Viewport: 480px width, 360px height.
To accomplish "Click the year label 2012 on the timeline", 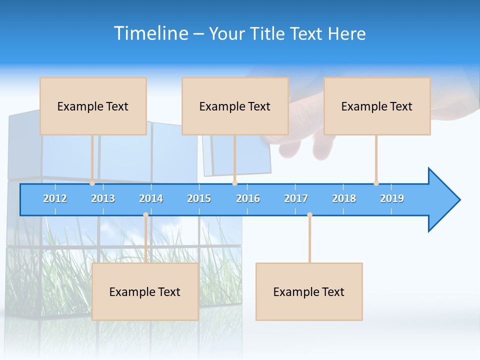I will [55, 198].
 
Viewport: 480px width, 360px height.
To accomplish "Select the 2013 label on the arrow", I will [103, 198].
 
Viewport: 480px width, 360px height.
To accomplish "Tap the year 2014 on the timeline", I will [151, 198].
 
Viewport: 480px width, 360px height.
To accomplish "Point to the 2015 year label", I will [199, 198].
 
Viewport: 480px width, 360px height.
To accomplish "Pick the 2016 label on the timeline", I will [248, 198].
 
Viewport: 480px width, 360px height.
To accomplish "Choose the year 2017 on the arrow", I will [296, 198].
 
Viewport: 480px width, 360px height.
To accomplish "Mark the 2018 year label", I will [344, 198].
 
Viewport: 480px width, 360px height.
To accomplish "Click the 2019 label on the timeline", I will [392, 198].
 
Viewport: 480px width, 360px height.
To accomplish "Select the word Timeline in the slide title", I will [150, 33].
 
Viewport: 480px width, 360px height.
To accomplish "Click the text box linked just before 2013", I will [93, 106].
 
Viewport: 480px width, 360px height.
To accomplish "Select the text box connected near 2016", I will [235, 106].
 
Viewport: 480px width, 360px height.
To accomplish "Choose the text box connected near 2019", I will [377, 106].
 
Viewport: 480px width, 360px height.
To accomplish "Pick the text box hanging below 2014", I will [145, 291].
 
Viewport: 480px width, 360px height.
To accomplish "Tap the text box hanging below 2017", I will [309, 291].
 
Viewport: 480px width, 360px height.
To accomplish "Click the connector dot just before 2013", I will [92, 183].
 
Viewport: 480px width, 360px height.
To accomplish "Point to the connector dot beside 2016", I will [234, 183].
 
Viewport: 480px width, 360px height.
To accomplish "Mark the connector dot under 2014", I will [145, 214].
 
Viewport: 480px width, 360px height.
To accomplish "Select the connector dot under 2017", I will [309, 214].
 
